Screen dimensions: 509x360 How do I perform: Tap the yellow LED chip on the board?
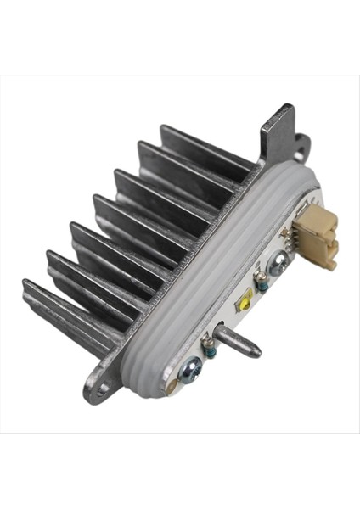[245, 299]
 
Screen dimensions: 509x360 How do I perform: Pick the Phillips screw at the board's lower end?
[191, 368]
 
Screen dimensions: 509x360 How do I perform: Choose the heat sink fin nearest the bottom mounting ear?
[59, 314]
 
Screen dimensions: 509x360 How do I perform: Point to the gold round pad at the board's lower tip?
[179, 385]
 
